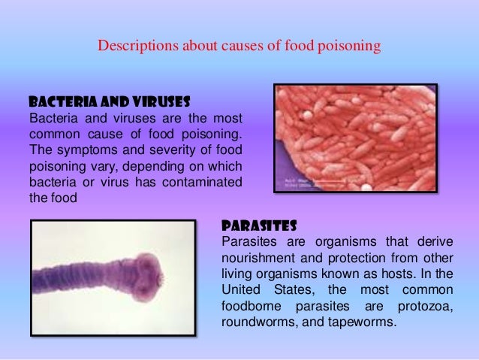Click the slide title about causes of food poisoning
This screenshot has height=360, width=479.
[x=239, y=47]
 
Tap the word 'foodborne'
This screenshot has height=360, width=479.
[x=252, y=307]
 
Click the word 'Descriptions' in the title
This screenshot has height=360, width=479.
[x=135, y=47]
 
